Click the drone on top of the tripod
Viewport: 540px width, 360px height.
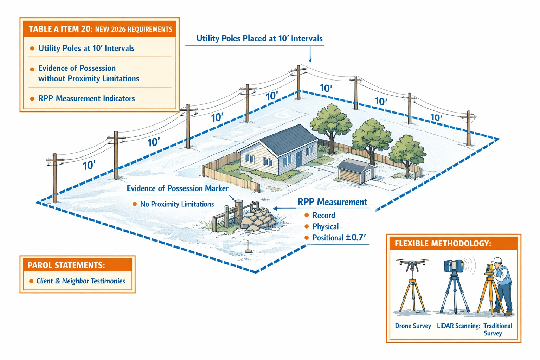(412, 264)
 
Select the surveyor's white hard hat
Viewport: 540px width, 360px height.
(497, 261)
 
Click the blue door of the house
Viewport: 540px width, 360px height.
(299, 159)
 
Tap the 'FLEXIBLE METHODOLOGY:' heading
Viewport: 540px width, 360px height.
(443, 243)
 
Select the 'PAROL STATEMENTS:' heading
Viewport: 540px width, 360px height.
(66, 265)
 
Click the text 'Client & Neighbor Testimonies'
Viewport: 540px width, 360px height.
(81, 281)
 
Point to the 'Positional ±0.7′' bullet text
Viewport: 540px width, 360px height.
(339, 238)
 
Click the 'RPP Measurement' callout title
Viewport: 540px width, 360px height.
(332, 202)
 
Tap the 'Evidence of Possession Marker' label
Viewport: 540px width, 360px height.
(178, 188)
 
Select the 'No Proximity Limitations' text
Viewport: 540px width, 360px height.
(177, 204)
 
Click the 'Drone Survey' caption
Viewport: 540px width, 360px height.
(413, 326)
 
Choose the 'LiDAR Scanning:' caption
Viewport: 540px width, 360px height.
(458, 326)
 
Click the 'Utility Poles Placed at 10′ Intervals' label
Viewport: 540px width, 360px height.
(259, 39)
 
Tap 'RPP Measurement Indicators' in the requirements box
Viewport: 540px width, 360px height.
(86, 98)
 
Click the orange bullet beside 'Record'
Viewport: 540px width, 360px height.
(307, 215)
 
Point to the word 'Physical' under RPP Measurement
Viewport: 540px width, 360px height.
(326, 226)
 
